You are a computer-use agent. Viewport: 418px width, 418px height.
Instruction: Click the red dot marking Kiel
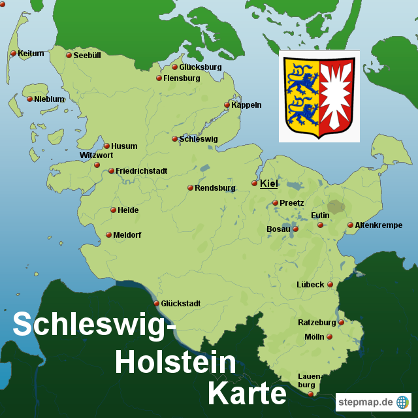(255, 184)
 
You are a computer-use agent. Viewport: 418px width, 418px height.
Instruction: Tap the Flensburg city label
(182, 78)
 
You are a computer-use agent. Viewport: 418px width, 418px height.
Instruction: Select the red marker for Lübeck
(330, 284)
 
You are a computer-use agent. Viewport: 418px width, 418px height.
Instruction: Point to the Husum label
(124, 146)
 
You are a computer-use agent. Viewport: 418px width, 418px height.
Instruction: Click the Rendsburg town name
(215, 188)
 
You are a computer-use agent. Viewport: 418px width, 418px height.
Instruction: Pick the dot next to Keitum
(13, 54)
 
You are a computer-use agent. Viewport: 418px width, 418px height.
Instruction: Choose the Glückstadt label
(181, 304)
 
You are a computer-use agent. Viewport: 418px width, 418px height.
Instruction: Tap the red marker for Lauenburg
(311, 394)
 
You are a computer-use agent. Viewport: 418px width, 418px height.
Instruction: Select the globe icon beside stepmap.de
(402, 402)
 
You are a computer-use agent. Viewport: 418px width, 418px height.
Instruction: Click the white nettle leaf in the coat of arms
(338, 95)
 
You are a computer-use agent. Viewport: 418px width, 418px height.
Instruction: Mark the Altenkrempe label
(379, 225)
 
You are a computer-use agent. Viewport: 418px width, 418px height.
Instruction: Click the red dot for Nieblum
(29, 99)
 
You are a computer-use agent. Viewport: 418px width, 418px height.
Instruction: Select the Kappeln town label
(246, 105)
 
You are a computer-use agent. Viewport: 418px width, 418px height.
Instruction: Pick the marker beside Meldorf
(108, 235)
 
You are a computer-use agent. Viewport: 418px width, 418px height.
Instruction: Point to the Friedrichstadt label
(141, 171)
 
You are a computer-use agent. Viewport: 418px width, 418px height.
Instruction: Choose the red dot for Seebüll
(69, 56)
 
